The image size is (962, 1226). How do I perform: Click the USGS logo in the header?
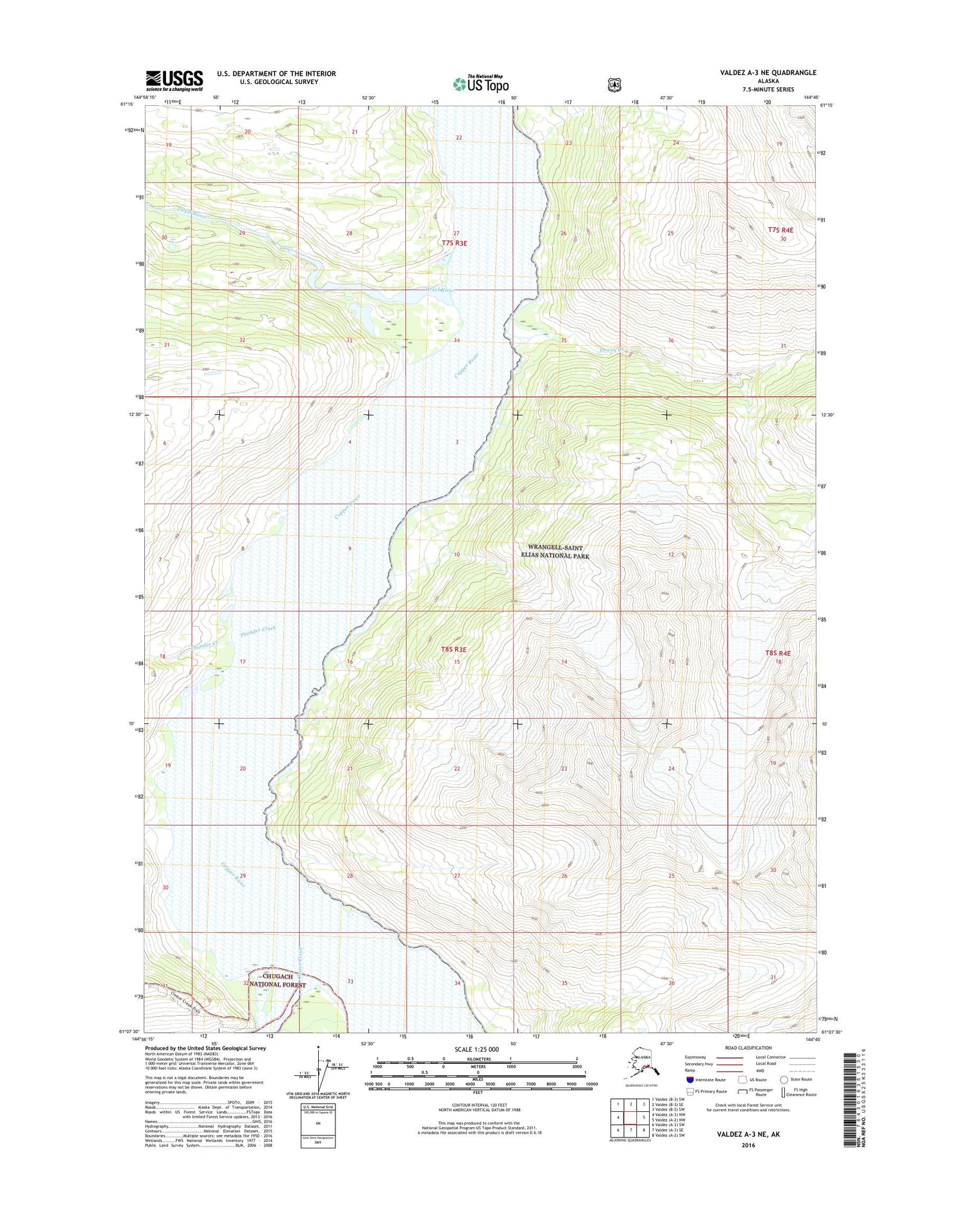click(x=174, y=81)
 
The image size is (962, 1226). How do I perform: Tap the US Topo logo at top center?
click(x=481, y=83)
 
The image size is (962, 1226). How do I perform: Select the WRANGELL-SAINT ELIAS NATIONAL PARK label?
click(x=555, y=552)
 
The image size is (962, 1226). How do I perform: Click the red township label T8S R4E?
click(x=778, y=653)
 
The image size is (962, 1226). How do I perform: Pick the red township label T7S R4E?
click(x=781, y=230)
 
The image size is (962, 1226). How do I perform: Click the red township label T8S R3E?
click(x=453, y=650)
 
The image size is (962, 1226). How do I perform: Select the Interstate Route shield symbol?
click(x=690, y=1079)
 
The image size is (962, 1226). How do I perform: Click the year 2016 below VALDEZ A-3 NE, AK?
click(x=748, y=1145)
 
